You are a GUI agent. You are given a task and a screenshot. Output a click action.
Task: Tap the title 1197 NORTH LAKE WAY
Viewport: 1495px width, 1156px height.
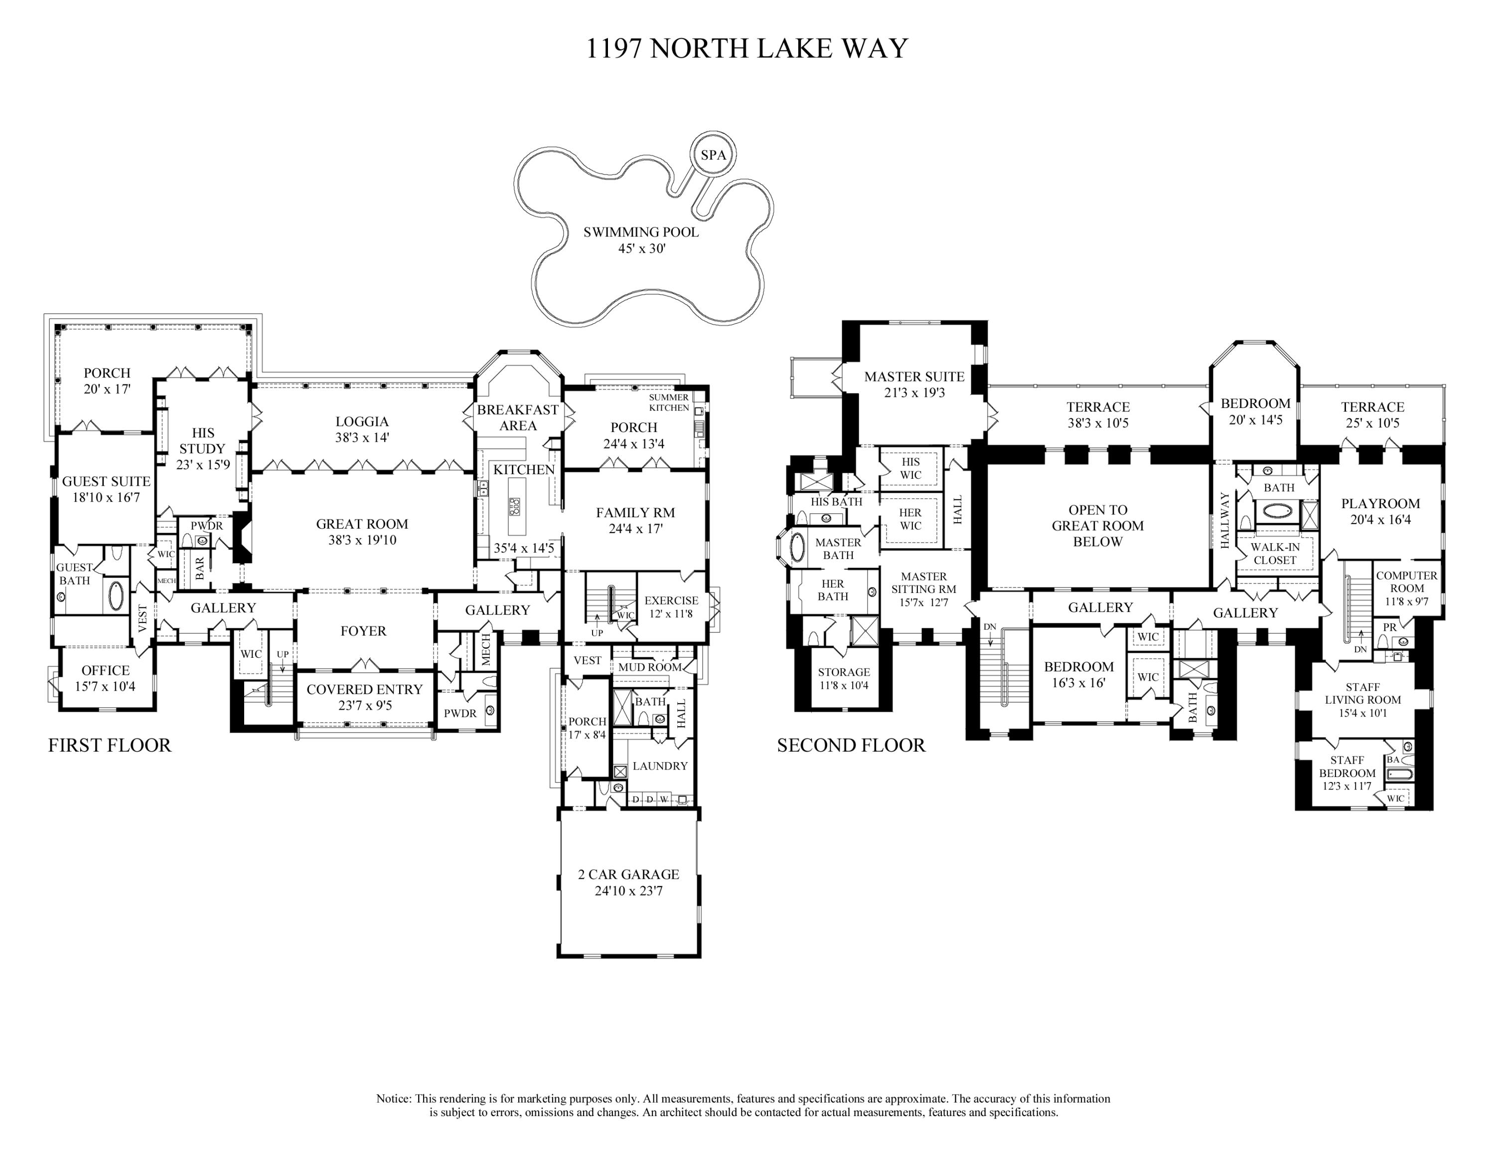(x=747, y=48)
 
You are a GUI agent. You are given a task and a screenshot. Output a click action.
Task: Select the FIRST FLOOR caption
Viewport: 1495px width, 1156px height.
(x=110, y=745)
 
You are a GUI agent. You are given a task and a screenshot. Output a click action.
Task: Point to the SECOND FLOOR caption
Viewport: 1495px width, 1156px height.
(x=851, y=745)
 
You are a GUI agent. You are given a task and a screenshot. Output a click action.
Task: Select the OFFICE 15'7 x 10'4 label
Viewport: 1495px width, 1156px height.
(x=106, y=678)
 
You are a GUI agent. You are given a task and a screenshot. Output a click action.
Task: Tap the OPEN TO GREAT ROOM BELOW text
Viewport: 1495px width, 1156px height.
(x=1098, y=525)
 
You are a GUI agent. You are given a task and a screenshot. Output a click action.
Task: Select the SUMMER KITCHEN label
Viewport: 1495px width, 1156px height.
(x=669, y=402)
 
